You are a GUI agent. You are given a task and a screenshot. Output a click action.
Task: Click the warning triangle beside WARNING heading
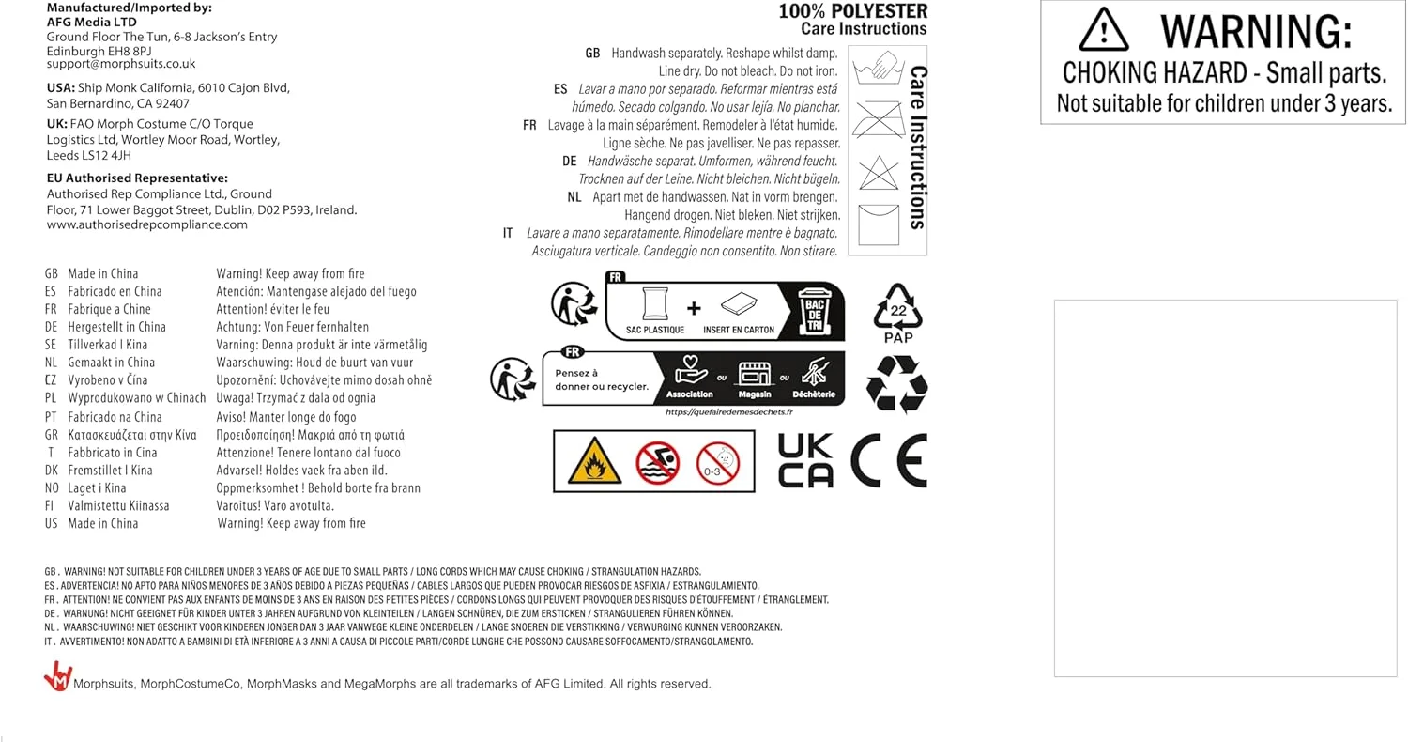1104,30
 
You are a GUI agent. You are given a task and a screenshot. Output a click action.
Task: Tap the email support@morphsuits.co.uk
121,64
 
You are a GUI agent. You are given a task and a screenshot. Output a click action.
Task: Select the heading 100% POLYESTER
852,11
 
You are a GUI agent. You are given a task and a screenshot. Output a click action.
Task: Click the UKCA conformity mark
805,460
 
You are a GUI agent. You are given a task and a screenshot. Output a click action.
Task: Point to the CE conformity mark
888,460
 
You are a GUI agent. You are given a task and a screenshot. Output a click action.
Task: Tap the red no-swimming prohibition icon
657,462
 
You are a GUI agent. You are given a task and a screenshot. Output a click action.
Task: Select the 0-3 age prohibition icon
718,462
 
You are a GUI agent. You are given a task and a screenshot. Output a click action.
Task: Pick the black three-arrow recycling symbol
897,382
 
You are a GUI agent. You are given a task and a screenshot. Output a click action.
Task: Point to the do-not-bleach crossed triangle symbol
879,173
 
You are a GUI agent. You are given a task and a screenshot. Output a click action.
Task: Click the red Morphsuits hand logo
58,676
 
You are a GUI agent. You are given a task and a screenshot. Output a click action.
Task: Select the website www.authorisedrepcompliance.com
147,225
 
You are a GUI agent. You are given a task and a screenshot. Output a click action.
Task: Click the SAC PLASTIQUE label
655,331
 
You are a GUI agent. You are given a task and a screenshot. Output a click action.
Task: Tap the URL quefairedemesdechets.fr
729,412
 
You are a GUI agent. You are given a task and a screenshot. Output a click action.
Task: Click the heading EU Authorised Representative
137,178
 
